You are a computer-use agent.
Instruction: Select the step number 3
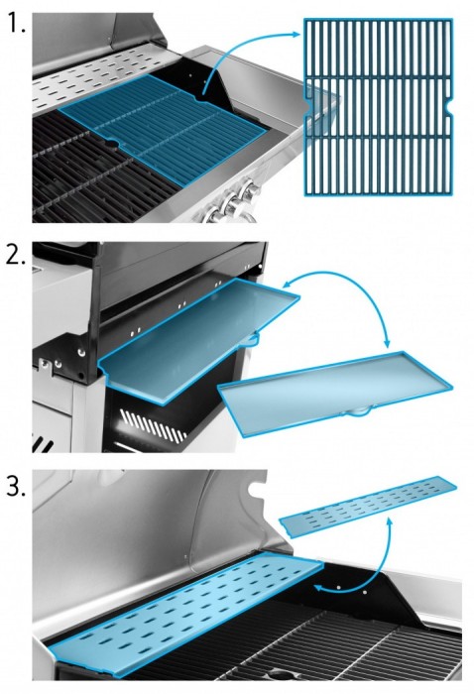(x=16, y=487)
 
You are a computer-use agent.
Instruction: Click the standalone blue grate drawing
(x=379, y=107)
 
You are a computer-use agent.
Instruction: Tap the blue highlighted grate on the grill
(x=163, y=128)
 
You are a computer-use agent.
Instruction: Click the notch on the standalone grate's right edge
(x=450, y=107)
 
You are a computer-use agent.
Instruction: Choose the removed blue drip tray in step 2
(x=336, y=392)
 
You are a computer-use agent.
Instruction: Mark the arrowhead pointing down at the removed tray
(x=388, y=343)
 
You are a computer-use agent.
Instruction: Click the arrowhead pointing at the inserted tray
(x=287, y=284)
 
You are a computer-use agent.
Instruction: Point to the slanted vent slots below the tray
(x=154, y=425)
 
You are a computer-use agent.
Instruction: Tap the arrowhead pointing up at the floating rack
(x=390, y=522)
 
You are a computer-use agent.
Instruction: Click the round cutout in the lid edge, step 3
(x=256, y=490)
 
